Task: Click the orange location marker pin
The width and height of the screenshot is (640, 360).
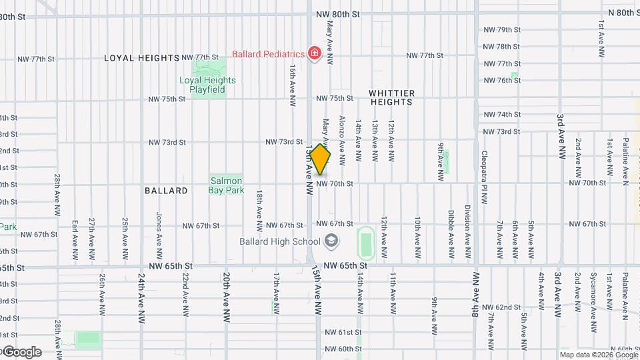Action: [321, 161]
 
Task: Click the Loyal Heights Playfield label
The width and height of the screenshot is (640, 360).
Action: [207, 85]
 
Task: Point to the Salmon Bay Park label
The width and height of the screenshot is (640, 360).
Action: [226, 185]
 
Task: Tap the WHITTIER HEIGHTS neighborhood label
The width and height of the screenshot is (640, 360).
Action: [392, 97]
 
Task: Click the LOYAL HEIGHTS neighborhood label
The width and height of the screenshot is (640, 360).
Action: [142, 58]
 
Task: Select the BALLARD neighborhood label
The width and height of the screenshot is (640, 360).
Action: [166, 191]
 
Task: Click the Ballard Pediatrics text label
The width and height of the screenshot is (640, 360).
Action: [268, 53]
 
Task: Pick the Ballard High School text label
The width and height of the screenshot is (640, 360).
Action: [281, 241]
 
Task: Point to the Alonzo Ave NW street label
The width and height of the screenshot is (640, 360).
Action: [341, 140]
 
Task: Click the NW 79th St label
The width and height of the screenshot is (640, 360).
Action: [501, 30]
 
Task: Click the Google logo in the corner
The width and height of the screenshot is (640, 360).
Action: [21, 352]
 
